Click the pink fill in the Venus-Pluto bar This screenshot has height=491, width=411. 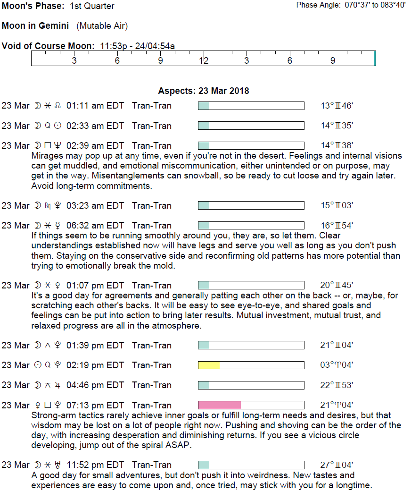(x=219, y=405)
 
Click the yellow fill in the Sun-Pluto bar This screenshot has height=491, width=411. (x=209, y=365)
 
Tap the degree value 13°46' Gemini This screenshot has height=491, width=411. (x=337, y=106)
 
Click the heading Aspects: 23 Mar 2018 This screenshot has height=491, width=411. (x=204, y=91)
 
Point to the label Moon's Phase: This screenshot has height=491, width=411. (x=33, y=6)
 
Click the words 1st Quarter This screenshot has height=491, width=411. (x=92, y=6)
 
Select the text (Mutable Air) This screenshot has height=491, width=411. (x=102, y=26)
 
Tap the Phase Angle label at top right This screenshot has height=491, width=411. (x=318, y=5)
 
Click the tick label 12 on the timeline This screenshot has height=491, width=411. (x=204, y=61)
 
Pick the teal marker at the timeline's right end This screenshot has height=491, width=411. (x=375, y=58)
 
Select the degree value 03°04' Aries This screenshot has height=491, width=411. (x=337, y=365)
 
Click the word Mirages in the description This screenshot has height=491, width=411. (x=46, y=156)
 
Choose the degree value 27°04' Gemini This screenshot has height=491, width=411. (x=337, y=465)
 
